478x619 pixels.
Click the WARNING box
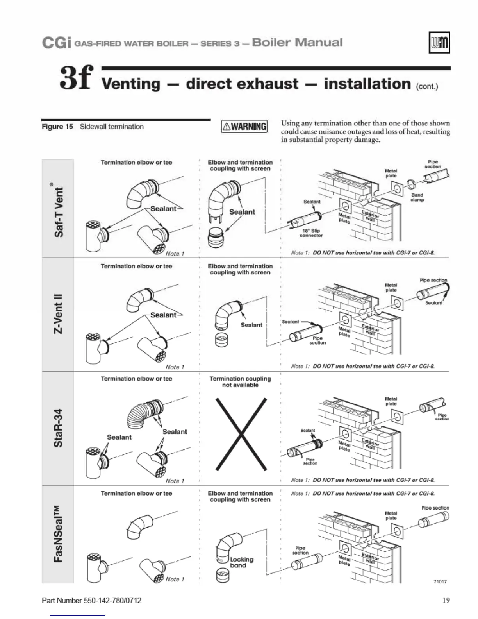244,126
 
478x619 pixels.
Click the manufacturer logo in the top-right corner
439,42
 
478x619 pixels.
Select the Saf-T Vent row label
58,209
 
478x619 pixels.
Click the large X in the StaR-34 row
241,434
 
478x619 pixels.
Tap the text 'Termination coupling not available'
240,382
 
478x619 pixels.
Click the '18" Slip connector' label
311,233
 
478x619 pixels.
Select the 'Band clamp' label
417,197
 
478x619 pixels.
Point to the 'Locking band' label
241,562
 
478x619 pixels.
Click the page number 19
446,600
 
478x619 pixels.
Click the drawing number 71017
440,581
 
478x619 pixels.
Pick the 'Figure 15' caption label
57,127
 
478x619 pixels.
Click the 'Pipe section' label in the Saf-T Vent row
433,164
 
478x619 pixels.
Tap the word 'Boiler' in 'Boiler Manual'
270,42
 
